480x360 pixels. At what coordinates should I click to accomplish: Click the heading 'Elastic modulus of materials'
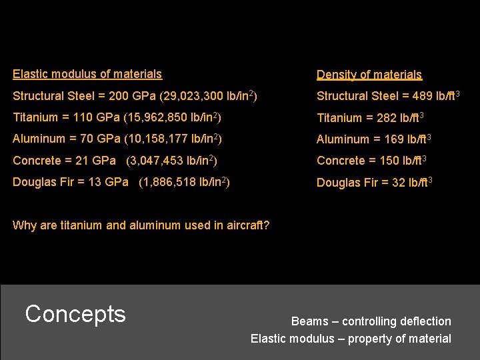point(87,74)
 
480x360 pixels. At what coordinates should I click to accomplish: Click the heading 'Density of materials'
point(369,75)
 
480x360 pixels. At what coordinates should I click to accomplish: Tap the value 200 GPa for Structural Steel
point(108,96)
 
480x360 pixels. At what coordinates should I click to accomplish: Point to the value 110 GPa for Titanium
point(91,117)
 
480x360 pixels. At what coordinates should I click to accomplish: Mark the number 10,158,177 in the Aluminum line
point(159,139)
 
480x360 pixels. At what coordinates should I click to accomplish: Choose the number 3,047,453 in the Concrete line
point(157,160)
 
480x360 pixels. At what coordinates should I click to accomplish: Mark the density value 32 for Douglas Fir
point(398,183)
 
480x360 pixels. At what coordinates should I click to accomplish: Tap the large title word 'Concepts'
point(75,313)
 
